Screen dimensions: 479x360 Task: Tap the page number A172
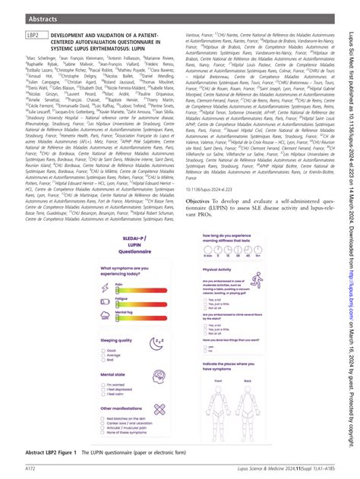coord(33,468)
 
